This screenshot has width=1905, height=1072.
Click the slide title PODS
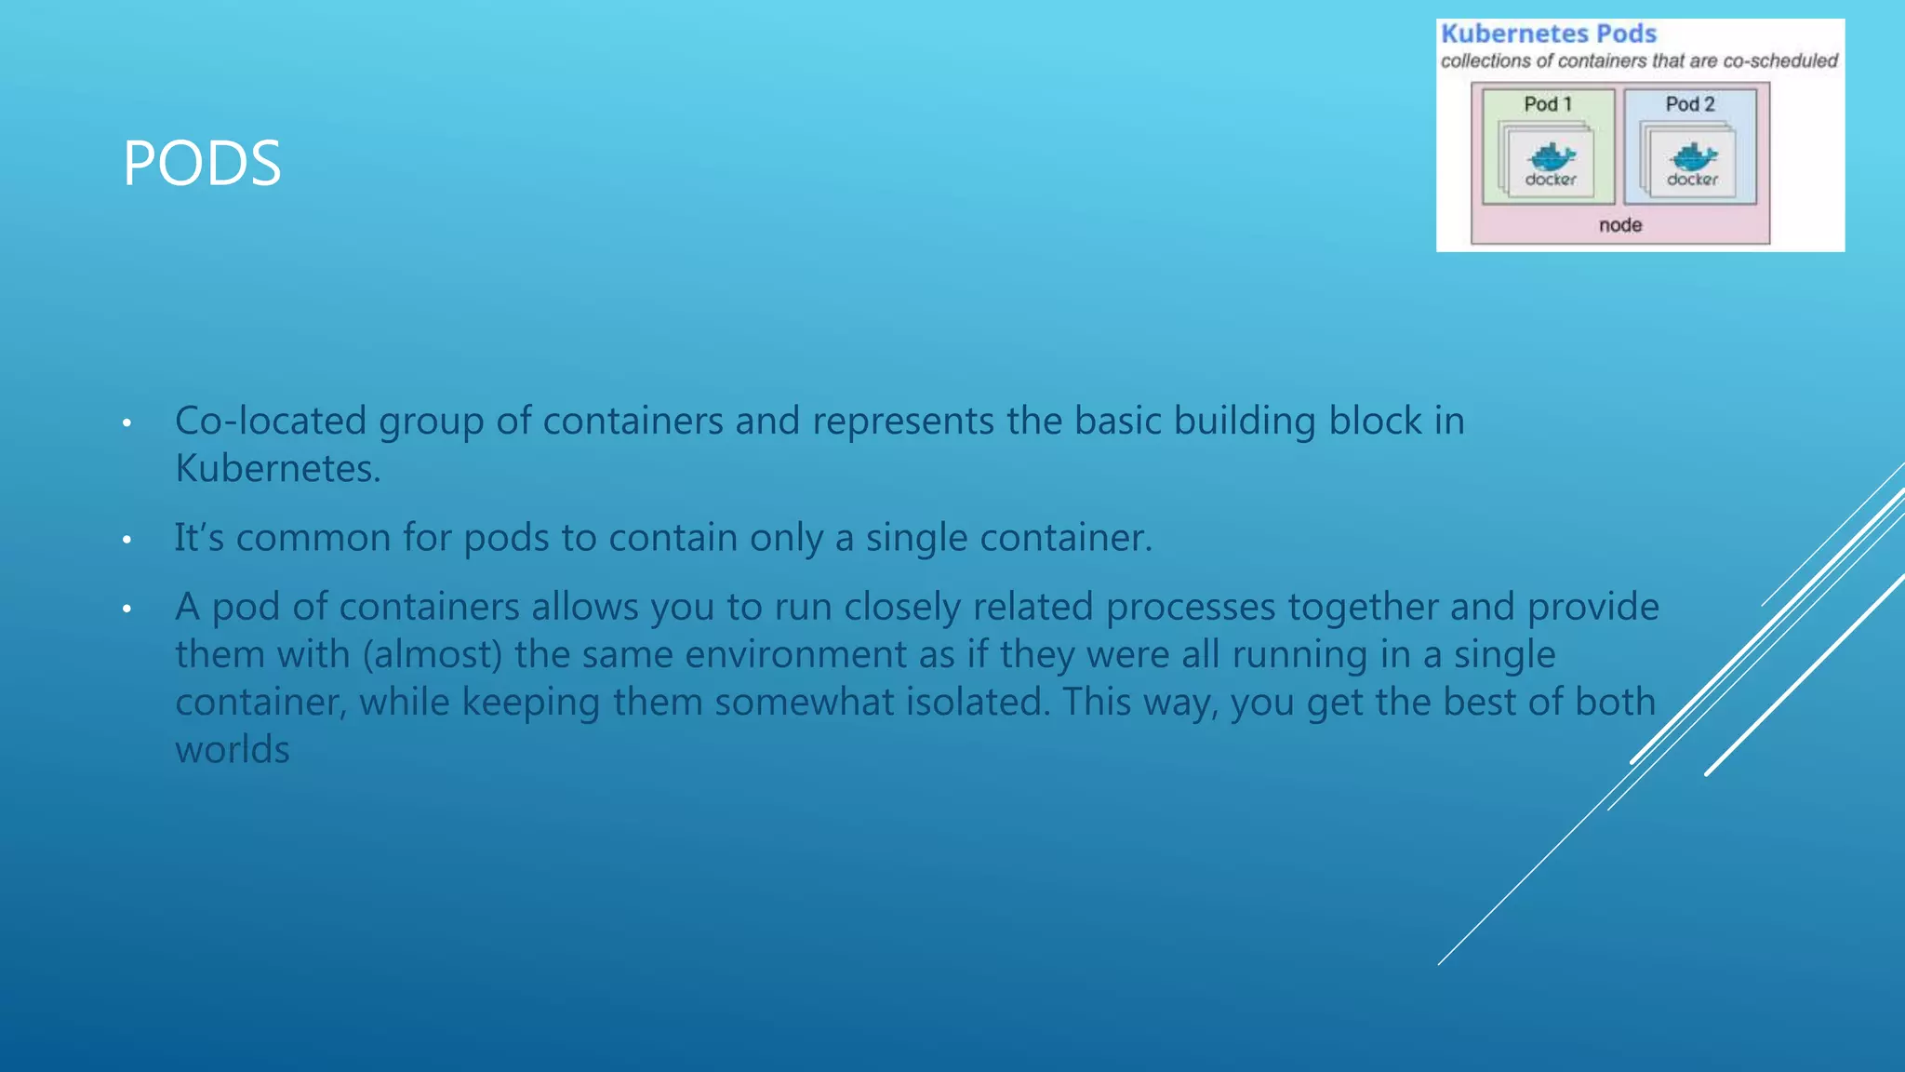[x=202, y=164]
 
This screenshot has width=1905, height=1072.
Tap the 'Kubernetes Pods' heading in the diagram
[x=1549, y=34]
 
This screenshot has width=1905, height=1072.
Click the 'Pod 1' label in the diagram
[x=1548, y=104]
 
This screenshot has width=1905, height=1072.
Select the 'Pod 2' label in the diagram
[x=1690, y=104]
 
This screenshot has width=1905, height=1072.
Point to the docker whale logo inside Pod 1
[x=1551, y=156]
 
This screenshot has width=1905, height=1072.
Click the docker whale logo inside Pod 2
[x=1693, y=156]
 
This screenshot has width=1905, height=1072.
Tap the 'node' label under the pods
[x=1620, y=225]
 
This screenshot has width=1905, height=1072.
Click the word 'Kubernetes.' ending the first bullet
[x=278, y=468]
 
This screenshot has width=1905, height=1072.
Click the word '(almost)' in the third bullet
[x=433, y=654]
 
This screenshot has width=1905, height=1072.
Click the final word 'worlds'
[x=233, y=749]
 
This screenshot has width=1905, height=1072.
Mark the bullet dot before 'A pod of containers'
[x=127, y=610]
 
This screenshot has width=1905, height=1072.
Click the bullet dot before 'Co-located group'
[x=127, y=424]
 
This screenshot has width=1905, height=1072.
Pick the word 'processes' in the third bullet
[x=1191, y=607]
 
